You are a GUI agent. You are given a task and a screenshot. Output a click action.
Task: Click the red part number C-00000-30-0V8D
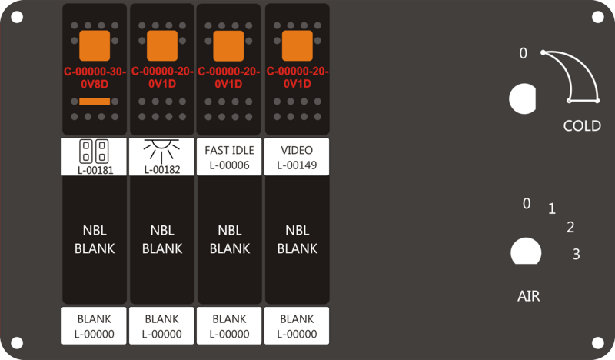[95, 78]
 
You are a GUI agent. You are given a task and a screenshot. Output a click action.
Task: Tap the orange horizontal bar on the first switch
[95, 102]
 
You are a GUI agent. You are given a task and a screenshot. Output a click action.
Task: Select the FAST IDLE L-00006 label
[229, 157]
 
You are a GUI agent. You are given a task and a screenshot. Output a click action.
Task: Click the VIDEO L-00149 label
[297, 157]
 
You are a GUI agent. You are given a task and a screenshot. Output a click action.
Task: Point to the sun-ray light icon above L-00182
[161, 151]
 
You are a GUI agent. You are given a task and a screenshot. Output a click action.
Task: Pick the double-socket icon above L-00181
[94, 151]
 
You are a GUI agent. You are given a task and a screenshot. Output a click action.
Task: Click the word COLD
[582, 125]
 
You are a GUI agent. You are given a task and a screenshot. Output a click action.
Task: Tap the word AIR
[529, 296]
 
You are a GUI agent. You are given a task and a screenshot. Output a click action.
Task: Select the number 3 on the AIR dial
[576, 255]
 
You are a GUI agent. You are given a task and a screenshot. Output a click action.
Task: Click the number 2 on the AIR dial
[570, 227]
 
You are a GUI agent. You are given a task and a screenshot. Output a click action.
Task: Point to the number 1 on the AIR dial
[552, 208]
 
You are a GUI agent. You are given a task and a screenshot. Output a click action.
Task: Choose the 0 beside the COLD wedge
[524, 53]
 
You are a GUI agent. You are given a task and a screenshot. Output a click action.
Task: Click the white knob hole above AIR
[526, 251]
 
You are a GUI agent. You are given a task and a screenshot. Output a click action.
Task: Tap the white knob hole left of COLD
[523, 98]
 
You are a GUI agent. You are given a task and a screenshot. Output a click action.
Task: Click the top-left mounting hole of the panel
[17, 17]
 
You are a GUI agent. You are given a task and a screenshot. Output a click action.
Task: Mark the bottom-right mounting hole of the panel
[598, 343]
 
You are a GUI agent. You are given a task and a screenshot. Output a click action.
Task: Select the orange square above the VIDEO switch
[298, 45]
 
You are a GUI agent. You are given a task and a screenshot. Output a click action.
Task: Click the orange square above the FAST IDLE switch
[228, 45]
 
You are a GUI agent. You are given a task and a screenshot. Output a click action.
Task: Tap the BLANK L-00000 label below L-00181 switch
[94, 326]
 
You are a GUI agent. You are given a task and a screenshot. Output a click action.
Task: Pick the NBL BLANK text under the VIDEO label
[298, 239]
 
